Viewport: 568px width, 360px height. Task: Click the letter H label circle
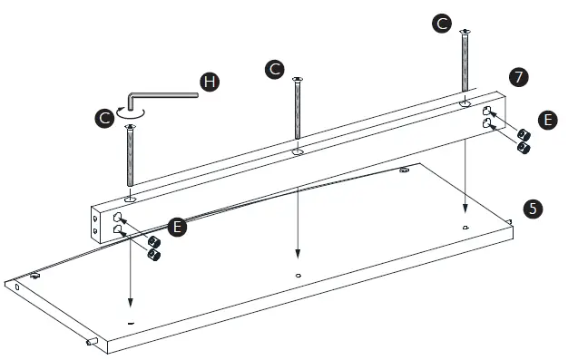210,83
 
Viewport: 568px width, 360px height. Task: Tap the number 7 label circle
518,77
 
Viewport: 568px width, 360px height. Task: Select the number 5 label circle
534,208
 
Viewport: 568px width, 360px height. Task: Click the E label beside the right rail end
547,118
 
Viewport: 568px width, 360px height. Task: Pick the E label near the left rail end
178,226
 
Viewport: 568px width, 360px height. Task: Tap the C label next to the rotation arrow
105,117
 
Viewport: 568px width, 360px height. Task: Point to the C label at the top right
442,24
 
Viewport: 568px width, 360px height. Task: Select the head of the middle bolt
297,81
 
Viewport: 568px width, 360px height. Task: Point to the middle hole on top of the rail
298,152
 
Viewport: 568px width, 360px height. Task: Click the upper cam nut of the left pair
154,241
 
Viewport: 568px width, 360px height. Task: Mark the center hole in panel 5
299,273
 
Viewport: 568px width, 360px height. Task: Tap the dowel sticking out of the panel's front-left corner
92,343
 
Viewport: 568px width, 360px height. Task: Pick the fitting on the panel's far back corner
403,169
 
